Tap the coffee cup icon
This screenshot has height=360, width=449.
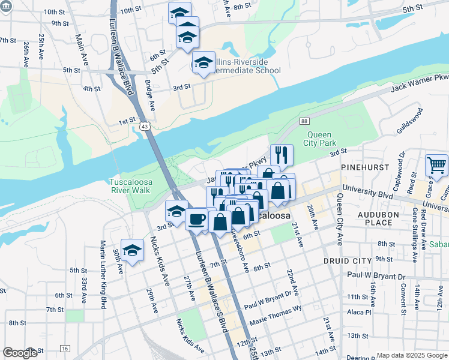point(196,219)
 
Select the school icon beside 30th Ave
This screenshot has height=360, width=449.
point(132,250)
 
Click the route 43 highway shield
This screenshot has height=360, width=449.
point(145,126)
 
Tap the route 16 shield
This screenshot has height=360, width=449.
point(65,348)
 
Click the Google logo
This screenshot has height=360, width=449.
point(20,353)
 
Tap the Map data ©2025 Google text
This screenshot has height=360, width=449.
point(411,355)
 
